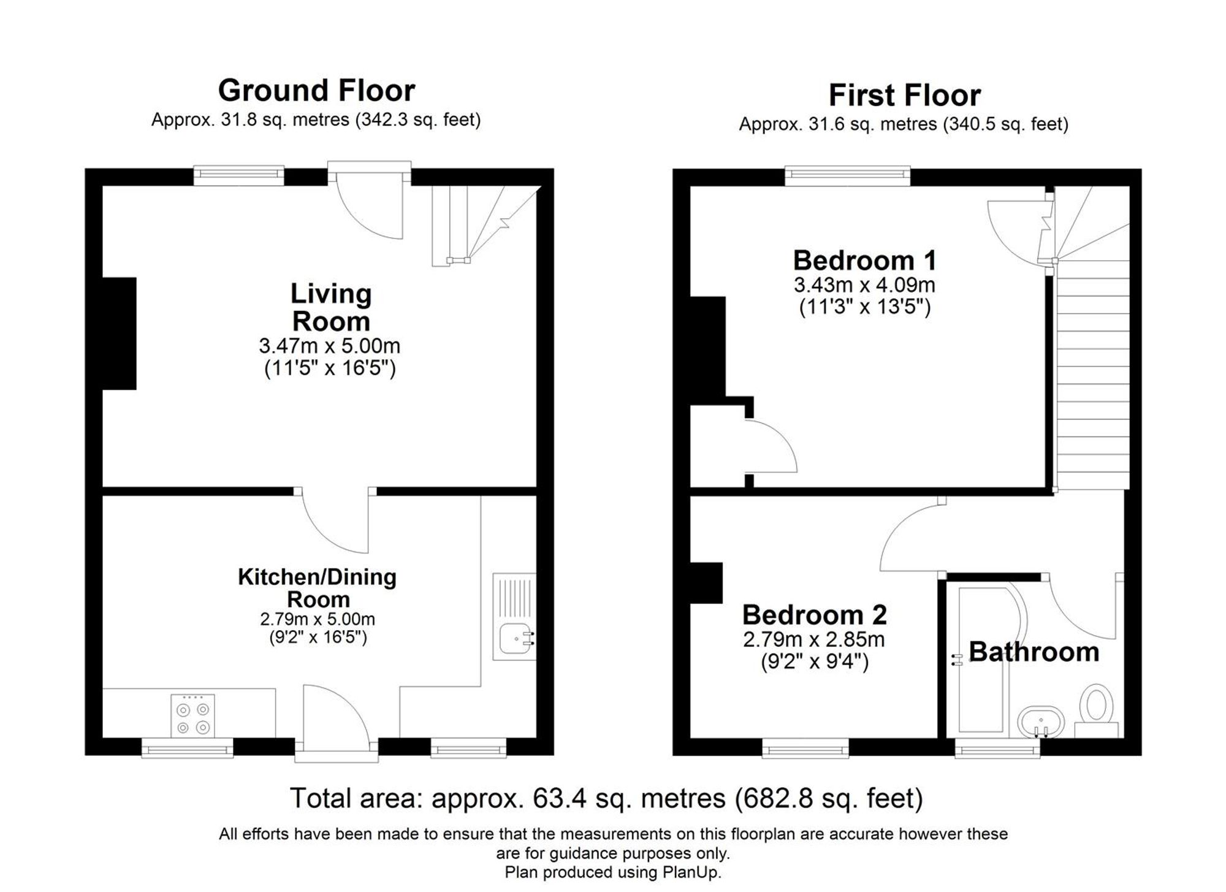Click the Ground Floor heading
coord(316,91)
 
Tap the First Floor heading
coord(904,96)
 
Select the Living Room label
coord(330,307)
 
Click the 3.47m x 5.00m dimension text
coord(329,346)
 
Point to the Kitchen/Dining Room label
coord(317,587)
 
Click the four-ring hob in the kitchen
coord(193,715)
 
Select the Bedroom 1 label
coord(864,261)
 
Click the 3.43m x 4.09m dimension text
coord(864,285)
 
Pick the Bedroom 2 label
coord(814,614)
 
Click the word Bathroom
coord(1034,652)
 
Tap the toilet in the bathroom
coord(1096,708)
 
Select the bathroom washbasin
coord(1041,722)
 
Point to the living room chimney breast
coord(119,333)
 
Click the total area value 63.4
coord(551,798)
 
